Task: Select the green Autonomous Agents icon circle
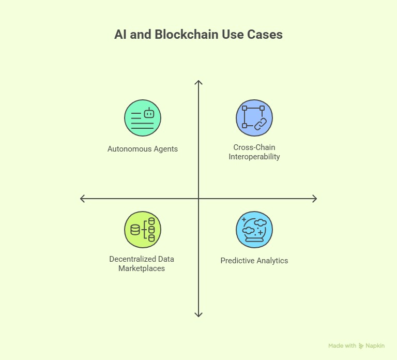[x=143, y=118]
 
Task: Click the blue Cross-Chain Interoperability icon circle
[x=254, y=118]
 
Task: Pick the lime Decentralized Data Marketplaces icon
[x=143, y=230]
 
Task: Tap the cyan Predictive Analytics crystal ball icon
[x=254, y=230]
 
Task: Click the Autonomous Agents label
[x=143, y=149]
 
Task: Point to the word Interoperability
[x=254, y=157]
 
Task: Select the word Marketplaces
[x=142, y=268]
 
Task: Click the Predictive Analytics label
[x=254, y=261]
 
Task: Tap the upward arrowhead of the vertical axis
[x=198, y=82]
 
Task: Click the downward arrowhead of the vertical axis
[x=198, y=315]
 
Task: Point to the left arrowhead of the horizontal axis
[x=82, y=198]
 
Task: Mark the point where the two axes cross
[x=198, y=198]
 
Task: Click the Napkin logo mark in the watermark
[x=361, y=346]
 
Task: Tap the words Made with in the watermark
[x=342, y=346]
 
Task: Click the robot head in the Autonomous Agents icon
[x=149, y=113]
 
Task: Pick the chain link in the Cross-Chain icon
[x=259, y=123]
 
